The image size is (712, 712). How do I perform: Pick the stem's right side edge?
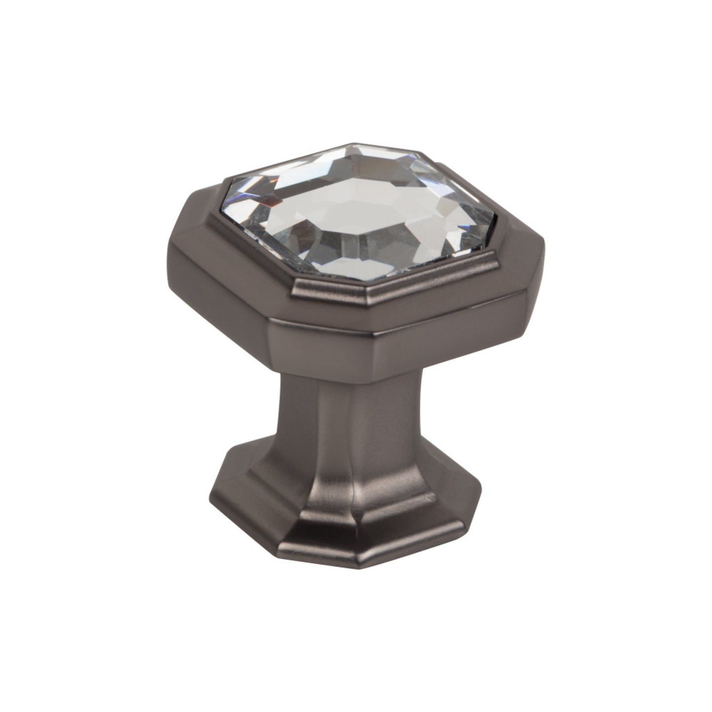[419, 419]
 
